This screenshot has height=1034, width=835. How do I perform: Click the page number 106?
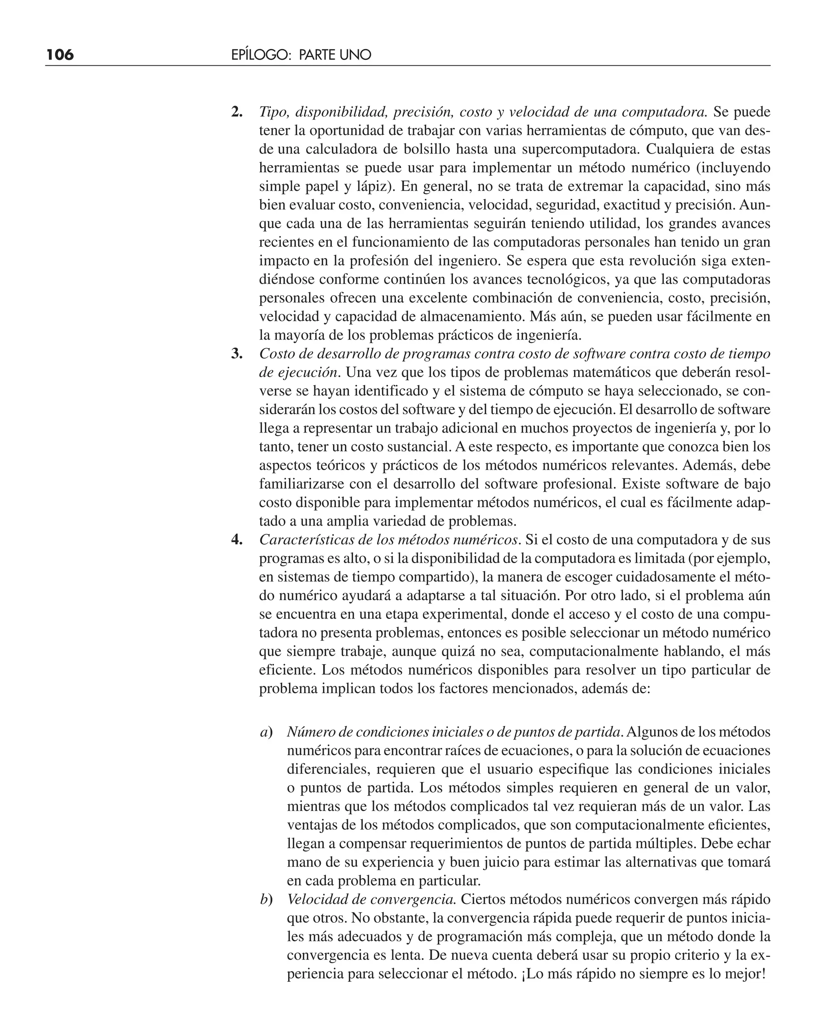tap(60, 55)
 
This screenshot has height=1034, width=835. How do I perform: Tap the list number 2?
tap(236, 112)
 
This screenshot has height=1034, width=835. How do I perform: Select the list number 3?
tap(236, 354)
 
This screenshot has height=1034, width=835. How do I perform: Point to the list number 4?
tap(236, 539)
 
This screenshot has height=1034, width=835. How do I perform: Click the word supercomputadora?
tap(581, 149)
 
